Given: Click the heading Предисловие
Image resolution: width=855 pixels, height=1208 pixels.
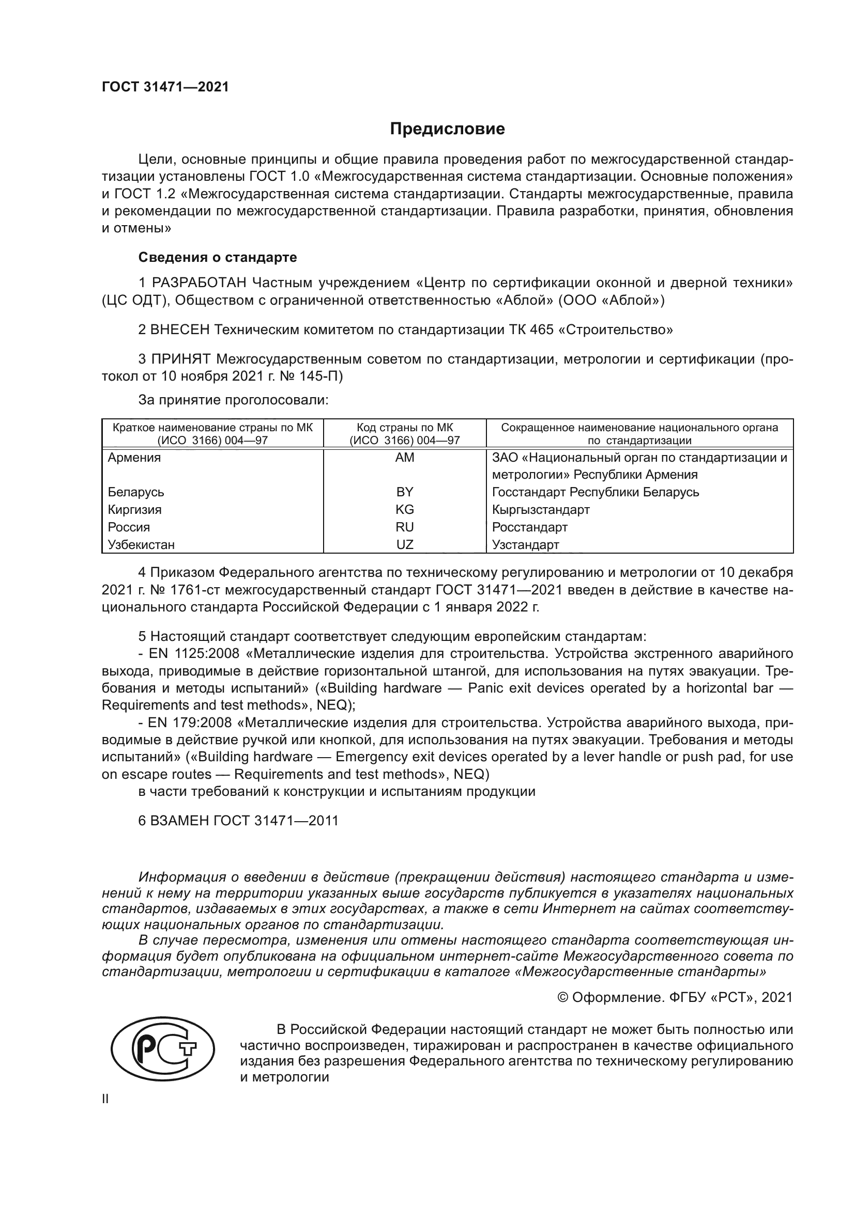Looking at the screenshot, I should [447, 129].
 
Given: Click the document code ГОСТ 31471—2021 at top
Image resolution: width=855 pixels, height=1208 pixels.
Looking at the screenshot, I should [165, 87].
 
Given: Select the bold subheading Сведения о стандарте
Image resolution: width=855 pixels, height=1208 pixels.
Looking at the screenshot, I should [218, 257].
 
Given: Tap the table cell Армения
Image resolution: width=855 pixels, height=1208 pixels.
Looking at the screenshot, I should [134, 458].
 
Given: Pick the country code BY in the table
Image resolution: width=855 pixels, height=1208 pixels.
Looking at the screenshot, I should [404, 493].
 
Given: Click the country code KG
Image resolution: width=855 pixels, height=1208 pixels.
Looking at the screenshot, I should [404, 510].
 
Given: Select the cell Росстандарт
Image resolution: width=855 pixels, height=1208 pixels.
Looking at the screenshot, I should [530, 527].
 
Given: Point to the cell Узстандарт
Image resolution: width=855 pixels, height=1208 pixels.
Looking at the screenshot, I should [525, 545].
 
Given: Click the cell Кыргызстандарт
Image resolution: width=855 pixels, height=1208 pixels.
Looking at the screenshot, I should [541, 510].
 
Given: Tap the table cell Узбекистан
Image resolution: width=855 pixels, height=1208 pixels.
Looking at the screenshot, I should [141, 545].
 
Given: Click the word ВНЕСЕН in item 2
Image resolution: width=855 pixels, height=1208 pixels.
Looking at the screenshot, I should [180, 330].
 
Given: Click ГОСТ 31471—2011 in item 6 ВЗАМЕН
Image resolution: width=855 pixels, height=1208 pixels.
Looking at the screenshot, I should [276, 821].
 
